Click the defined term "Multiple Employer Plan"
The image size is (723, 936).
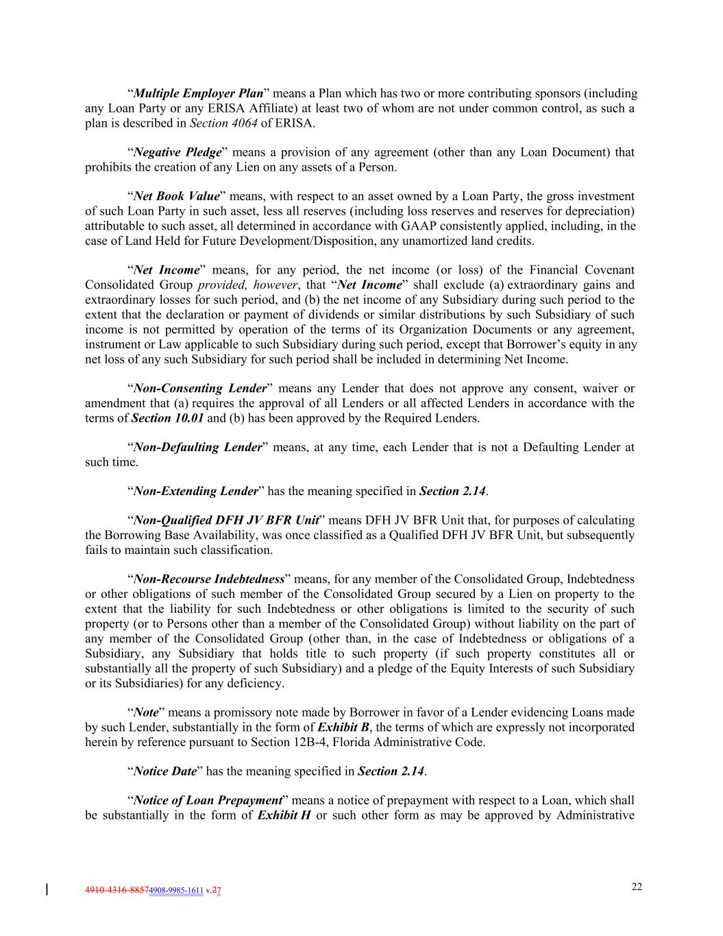[199, 93]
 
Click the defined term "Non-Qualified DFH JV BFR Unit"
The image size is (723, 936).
[226, 520]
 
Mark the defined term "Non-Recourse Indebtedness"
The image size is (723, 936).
[208, 579]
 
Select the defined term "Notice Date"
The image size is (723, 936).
[165, 771]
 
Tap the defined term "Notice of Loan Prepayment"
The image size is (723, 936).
[208, 801]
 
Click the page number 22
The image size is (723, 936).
[637, 887]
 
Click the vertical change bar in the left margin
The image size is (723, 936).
[47, 890]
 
